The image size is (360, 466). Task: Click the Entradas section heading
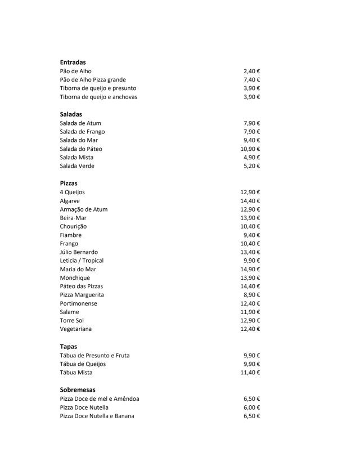[x=73, y=62]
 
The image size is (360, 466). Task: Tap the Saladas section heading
[x=71, y=114]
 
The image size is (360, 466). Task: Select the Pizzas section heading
[x=69, y=183]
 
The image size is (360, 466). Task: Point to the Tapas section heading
[x=68, y=347]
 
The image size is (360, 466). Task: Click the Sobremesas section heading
[x=78, y=389]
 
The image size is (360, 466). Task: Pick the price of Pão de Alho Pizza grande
[x=251, y=80]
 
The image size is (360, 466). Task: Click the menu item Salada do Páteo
[x=81, y=149]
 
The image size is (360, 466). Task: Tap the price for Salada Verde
[x=251, y=166]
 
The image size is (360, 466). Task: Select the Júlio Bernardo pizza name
[x=79, y=252]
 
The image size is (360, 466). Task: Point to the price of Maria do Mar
[x=250, y=269]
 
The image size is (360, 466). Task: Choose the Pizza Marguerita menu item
[x=82, y=295]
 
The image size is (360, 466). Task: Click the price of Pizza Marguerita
[x=251, y=295]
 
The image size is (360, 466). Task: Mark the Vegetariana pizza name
[x=76, y=329]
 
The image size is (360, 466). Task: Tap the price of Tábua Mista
[x=250, y=373]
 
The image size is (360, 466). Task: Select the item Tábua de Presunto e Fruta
[x=94, y=356]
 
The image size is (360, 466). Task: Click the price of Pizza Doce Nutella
[x=251, y=407]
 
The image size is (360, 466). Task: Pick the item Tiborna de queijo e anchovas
[x=98, y=97]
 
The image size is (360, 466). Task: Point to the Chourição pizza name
[x=73, y=226]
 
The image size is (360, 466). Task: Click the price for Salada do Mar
[x=251, y=140]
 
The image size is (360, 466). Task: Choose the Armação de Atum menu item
[x=84, y=209]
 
